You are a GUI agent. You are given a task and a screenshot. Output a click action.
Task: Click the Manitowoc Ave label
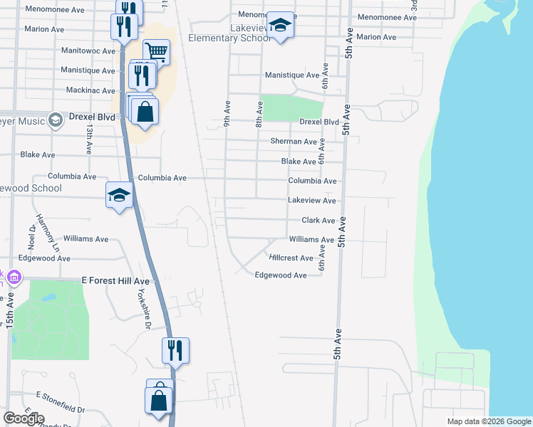[x=88, y=51]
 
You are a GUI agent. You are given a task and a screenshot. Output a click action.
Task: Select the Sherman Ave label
[x=293, y=142]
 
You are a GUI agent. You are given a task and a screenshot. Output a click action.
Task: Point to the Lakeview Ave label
[x=311, y=201]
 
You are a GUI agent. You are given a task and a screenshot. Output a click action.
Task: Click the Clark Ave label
[x=318, y=221]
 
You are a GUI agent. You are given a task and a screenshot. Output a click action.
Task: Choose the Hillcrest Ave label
[x=291, y=258]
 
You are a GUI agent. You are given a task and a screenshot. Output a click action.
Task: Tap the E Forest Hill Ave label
[x=114, y=281]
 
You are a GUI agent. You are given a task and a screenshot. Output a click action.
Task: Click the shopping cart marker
[x=156, y=51]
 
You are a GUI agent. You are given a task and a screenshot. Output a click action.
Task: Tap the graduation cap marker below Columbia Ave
[x=120, y=195]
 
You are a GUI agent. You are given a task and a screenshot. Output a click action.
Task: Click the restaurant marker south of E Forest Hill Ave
[x=175, y=350]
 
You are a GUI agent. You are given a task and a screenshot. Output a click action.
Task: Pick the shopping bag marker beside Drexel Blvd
[x=145, y=112]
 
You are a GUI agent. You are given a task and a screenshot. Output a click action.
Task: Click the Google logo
[x=24, y=418]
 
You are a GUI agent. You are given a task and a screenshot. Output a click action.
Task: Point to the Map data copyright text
[x=488, y=421]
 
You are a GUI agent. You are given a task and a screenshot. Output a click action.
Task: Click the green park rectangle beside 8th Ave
[x=291, y=107]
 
